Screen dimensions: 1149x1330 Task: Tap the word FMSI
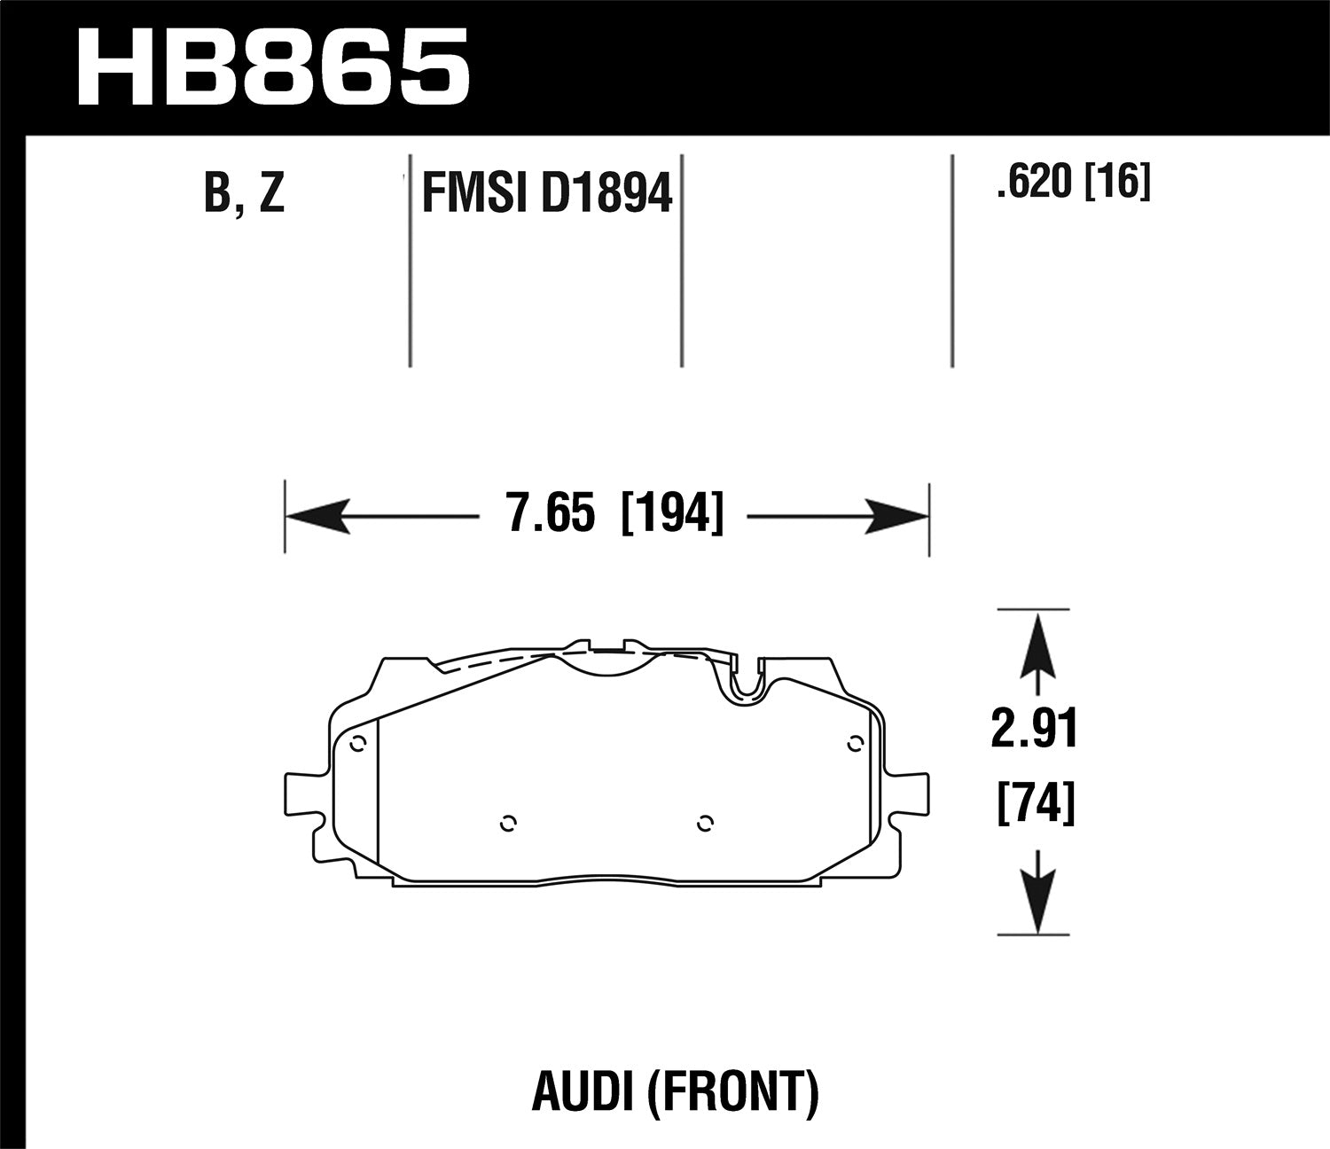click(466, 192)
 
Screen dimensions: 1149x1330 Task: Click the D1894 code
click(606, 192)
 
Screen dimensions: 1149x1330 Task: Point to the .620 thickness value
click(1033, 184)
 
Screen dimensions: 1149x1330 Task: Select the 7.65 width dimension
click(549, 514)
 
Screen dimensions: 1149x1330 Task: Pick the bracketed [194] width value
click(673, 514)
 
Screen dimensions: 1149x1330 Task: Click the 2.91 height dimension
click(1035, 731)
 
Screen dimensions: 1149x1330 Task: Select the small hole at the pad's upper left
click(357, 744)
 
